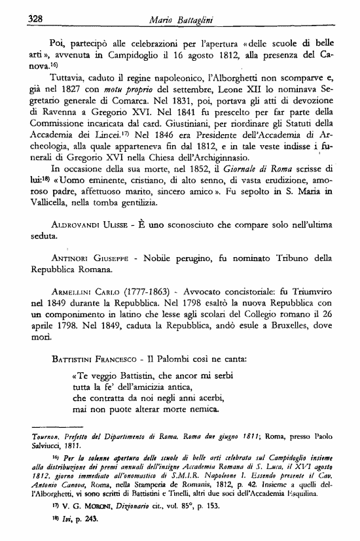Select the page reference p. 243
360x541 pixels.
click(84, 529)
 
